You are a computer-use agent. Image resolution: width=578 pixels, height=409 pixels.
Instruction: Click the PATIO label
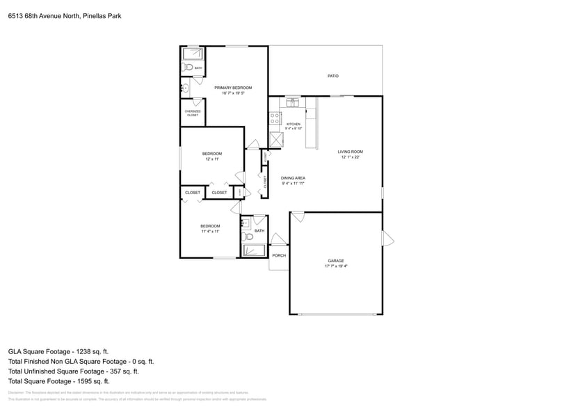click(332, 76)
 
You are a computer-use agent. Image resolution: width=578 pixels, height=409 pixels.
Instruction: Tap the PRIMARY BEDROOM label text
click(232, 88)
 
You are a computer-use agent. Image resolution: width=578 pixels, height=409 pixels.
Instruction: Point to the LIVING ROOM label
click(351, 152)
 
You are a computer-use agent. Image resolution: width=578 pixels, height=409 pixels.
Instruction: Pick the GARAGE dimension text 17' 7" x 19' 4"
click(336, 266)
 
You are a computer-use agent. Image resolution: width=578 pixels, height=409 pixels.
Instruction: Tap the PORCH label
click(279, 255)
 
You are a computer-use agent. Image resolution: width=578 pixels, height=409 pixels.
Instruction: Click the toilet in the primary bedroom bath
click(188, 68)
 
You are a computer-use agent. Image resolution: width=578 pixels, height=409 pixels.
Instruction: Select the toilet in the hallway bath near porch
click(249, 236)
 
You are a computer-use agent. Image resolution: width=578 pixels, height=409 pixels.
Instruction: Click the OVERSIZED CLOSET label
click(193, 113)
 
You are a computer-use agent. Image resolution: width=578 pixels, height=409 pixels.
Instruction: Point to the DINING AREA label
click(293, 178)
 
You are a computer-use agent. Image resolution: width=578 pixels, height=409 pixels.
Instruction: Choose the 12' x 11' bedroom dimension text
click(212, 159)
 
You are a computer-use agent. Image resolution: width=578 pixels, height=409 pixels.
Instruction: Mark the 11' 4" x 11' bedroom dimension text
click(210, 232)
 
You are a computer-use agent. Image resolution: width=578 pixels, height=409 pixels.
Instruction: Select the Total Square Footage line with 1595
click(59, 381)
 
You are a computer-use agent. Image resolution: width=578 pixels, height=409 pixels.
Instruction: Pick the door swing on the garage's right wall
click(387, 239)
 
